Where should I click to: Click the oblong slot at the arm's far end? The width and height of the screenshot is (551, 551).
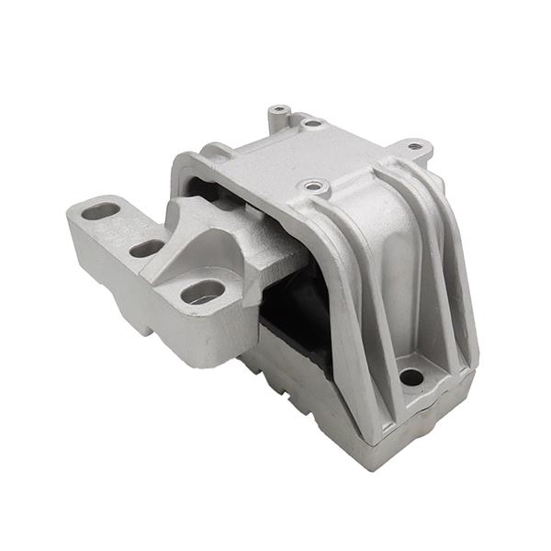coord(101,211)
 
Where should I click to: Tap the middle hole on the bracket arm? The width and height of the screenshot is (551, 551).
coord(147,249)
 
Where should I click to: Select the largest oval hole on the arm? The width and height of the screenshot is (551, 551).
coord(203,292)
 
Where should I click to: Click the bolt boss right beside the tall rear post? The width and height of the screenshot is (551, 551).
coord(312,122)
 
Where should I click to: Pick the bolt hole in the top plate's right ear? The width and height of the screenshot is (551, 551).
coord(415,145)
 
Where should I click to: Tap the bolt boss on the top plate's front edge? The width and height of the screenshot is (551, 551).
coord(315,187)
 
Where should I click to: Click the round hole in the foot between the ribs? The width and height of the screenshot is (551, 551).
coord(411,377)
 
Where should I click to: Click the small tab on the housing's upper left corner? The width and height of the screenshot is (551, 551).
coord(215,148)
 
